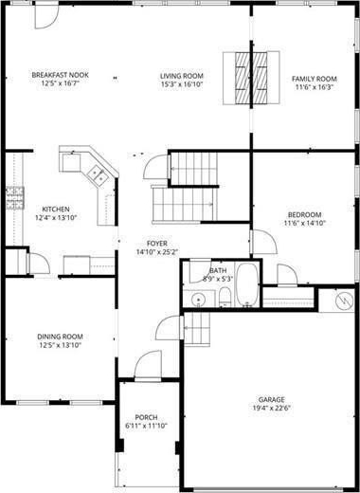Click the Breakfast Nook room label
click(60, 75)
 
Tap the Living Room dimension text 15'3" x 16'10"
click(181, 84)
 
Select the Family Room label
click(314, 79)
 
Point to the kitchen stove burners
click(15, 198)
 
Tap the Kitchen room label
click(56, 210)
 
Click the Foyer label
click(157, 244)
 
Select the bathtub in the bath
click(247, 283)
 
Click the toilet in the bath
click(225, 297)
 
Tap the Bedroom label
click(304, 215)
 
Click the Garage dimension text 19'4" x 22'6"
click(271, 408)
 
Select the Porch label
click(146, 417)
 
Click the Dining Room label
click(60, 337)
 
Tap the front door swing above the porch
click(148, 364)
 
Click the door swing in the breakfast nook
click(46, 17)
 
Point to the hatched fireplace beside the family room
click(251, 78)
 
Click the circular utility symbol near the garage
click(345, 301)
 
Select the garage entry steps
click(197, 328)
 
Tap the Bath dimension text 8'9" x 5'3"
click(218, 279)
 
